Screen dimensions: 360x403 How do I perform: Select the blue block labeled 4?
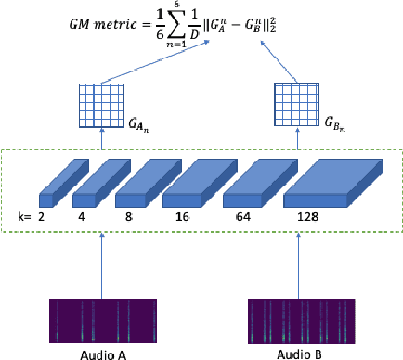tap(90, 189)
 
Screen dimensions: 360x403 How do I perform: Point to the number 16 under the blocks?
tap(181, 214)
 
